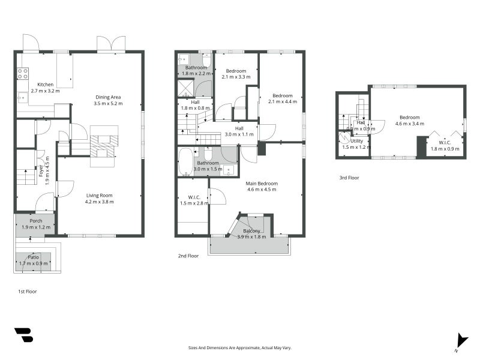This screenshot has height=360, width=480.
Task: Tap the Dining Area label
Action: pyautogui.click(x=108, y=97)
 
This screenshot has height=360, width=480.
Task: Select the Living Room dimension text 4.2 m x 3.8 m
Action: pyautogui.click(x=99, y=202)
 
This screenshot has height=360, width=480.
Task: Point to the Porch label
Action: pyautogui.click(x=35, y=221)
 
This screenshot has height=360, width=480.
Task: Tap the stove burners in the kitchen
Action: pyautogui.click(x=22, y=74)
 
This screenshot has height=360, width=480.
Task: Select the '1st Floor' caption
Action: pyautogui.click(x=28, y=291)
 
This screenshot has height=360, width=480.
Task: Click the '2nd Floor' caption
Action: pyautogui.click(x=188, y=256)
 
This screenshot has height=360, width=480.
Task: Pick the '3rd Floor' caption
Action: pyautogui.click(x=349, y=178)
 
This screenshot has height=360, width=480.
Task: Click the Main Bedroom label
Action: pyautogui.click(x=262, y=183)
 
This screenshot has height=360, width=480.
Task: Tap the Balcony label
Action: pyautogui.click(x=252, y=231)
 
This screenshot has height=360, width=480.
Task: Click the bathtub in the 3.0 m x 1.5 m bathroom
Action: pyautogui.click(x=185, y=161)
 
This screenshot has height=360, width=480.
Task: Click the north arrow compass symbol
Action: pyautogui.click(x=461, y=340)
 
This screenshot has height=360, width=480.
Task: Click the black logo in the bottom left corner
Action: pyautogui.click(x=23, y=335)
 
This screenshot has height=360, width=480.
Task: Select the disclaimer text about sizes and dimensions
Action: pyautogui.click(x=240, y=347)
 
